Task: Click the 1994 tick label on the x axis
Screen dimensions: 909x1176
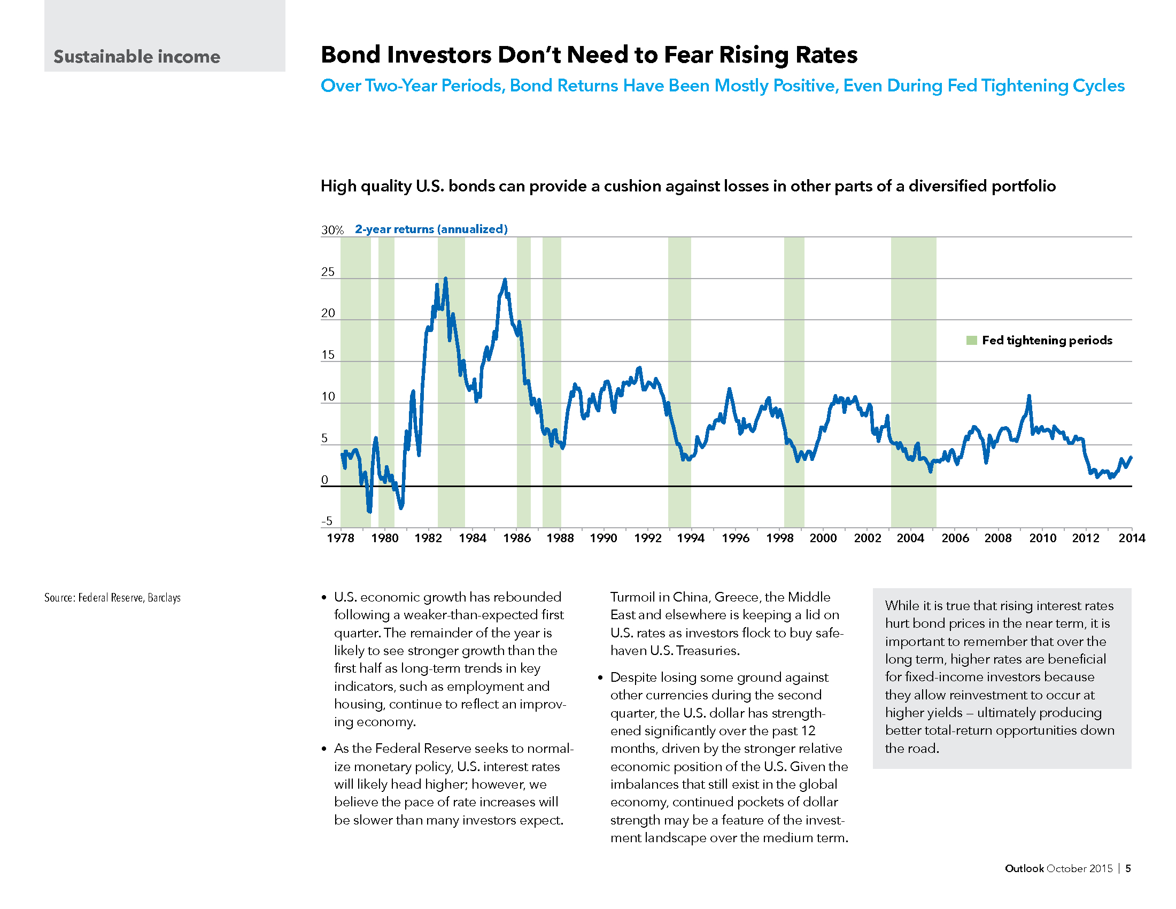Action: (x=690, y=538)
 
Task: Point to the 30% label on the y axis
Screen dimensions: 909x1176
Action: (x=332, y=230)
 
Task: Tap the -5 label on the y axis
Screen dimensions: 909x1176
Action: (x=327, y=521)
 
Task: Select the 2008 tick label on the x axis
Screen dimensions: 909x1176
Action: (x=998, y=538)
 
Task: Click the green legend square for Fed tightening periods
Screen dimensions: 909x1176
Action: (x=971, y=340)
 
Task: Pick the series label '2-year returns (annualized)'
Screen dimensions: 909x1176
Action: (x=431, y=229)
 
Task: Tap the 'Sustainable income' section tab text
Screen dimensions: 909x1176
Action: (x=137, y=57)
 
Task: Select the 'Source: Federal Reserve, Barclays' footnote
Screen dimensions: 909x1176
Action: (x=113, y=598)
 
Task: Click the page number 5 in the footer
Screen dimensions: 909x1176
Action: (x=1128, y=868)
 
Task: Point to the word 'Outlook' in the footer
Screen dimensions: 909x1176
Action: (x=1024, y=868)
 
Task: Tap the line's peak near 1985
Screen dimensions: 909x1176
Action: (x=505, y=280)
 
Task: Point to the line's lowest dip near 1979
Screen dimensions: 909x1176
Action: (x=369, y=511)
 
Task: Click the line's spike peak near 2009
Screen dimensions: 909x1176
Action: (x=1028, y=396)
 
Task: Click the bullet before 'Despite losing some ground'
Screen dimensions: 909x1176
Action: (x=601, y=677)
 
